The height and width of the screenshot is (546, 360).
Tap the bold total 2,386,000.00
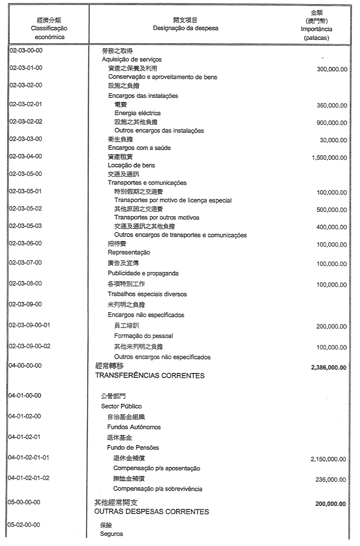[x=329, y=367]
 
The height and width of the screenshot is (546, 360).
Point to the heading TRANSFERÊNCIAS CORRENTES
[x=149, y=376]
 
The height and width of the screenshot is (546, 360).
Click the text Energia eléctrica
[x=138, y=113]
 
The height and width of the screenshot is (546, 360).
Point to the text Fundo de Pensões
[x=133, y=447]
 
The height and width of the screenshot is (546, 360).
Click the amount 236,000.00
[x=331, y=480]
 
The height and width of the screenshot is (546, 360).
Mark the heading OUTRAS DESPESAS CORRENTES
[x=151, y=512]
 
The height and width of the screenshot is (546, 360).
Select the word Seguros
[x=112, y=534]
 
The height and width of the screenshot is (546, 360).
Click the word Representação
[x=129, y=252]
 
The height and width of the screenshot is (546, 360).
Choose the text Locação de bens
[x=131, y=165]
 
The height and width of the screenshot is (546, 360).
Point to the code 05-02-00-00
[x=26, y=524]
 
